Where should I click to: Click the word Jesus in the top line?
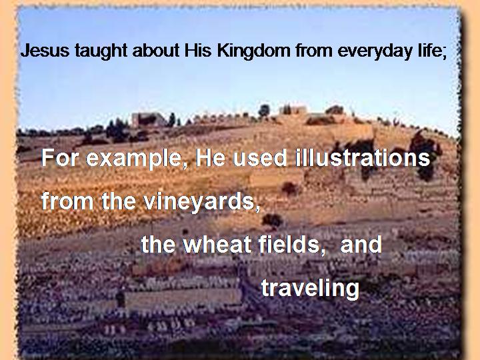coord(45,51)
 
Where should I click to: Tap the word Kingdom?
coord(253,51)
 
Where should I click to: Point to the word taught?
coord(101,51)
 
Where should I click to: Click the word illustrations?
coord(363,157)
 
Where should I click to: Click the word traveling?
coord(310,289)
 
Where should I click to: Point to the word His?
coord(198,51)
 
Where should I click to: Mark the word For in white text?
coord(61,158)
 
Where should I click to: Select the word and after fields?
coord(361,244)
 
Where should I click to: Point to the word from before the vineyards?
coord(67,201)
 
